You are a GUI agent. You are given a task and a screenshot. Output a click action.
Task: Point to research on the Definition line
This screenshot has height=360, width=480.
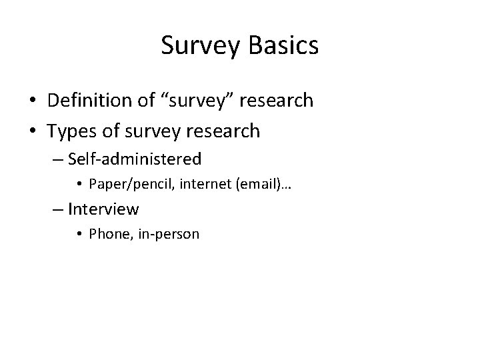point(277,101)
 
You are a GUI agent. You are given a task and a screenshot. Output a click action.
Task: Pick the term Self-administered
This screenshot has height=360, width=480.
point(135,159)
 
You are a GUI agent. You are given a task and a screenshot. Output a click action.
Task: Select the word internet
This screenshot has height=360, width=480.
point(195,184)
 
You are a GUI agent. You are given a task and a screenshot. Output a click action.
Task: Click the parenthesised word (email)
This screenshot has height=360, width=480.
point(247,184)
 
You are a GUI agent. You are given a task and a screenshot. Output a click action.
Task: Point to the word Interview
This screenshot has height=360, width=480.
point(103,209)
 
